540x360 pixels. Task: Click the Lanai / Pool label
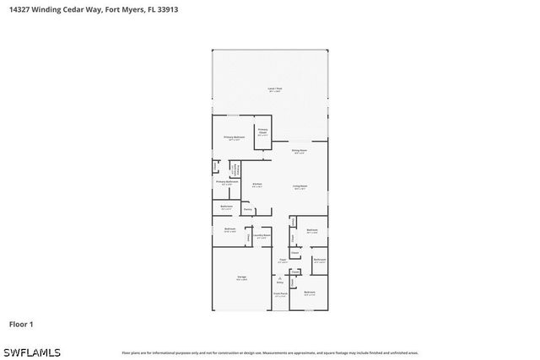[273, 89]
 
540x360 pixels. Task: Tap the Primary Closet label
[262, 132]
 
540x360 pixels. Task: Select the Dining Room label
[299, 151]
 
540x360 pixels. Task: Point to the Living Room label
[300, 185]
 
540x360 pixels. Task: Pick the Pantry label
[248, 208]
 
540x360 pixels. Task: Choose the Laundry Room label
[261, 236]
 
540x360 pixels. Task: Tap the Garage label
[241, 277]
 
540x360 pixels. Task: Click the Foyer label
[283, 261]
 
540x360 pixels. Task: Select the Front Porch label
[280, 294]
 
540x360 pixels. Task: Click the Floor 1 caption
[21, 324]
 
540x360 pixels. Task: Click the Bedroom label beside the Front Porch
[310, 293]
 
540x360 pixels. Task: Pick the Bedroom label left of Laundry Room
[229, 229]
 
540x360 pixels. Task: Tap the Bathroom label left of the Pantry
[226, 207]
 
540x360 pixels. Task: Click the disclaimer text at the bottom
[269, 352]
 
